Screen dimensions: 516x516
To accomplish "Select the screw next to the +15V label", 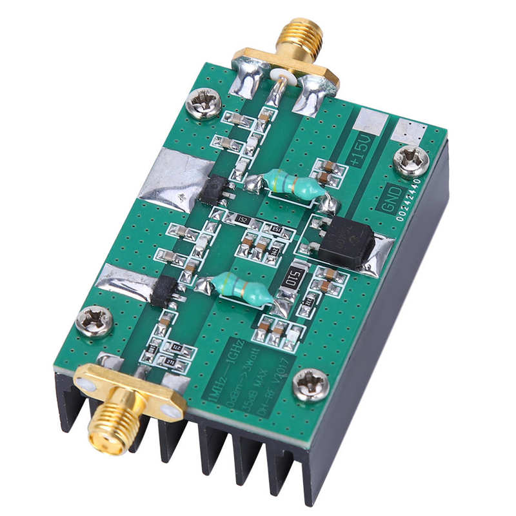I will [x=411, y=161].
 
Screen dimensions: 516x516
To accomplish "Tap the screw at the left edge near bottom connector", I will [x=94, y=320].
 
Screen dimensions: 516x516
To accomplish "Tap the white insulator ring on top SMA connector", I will [x=279, y=77].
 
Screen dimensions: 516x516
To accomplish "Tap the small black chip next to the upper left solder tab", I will [x=214, y=189].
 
